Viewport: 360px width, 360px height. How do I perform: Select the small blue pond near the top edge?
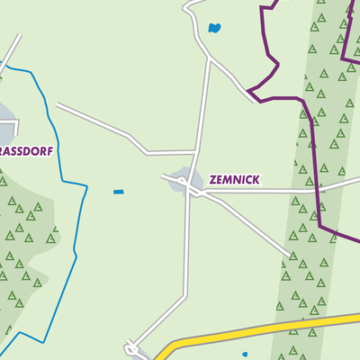(x=214, y=28)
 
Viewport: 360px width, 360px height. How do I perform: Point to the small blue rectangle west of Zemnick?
(x=119, y=192)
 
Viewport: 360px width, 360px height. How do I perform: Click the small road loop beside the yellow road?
(x=132, y=347)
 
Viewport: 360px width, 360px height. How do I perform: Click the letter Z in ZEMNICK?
(x=212, y=180)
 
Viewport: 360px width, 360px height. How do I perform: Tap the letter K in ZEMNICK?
(x=256, y=180)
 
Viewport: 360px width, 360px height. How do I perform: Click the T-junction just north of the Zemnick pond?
(x=196, y=151)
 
